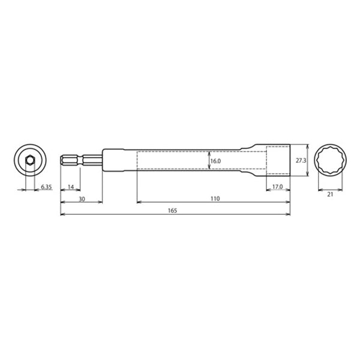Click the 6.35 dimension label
[46, 188]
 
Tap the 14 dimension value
[71, 188]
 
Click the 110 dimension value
[214, 199]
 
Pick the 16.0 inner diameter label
[216, 161]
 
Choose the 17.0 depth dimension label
[278, 187]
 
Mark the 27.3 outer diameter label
[302, 161]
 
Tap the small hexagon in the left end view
[29, 160]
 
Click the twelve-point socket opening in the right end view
[329, 160]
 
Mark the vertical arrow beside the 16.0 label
[208, 160]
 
